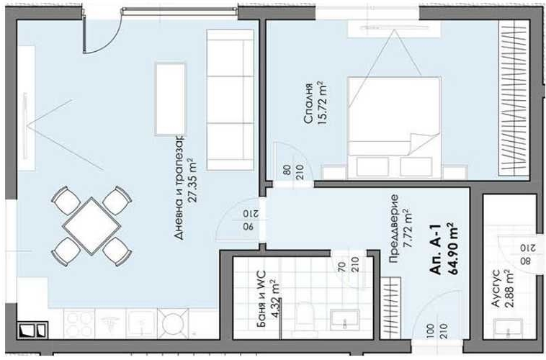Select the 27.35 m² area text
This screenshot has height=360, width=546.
(x=192, y=180)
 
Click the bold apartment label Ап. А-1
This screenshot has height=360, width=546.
(x=436, y=249)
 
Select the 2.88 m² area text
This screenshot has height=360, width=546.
(x=509, y=289)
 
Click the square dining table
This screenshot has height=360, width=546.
(x=91, y=226)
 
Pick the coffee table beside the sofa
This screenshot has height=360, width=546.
(x=170, y=99)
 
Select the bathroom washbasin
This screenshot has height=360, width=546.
(x=344, y=320)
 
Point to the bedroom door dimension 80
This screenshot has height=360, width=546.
(x=287, y=170)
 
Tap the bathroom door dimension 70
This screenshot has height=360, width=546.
(x=341, y=266)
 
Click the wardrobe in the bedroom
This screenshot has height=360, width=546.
(x=514, y=98)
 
